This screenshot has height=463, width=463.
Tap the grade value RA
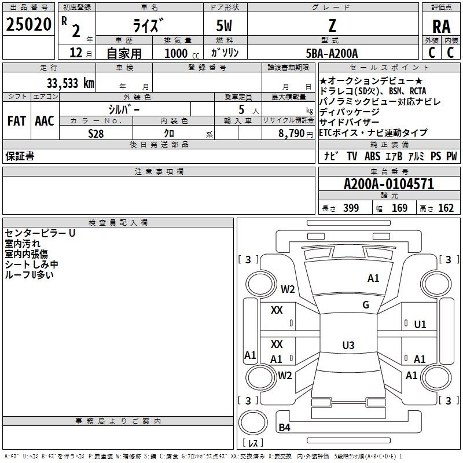pos(441,26)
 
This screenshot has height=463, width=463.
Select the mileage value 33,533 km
pos(69,83)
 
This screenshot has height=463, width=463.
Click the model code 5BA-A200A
pos(332,53)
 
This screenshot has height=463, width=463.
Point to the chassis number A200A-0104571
pos(389,185)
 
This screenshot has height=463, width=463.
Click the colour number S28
pos(96,133)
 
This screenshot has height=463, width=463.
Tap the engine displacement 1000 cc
pos(180,53)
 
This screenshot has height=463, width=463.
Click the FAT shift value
pos(16,121)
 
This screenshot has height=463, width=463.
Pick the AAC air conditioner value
pos(45,121)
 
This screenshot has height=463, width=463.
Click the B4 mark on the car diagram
pos(284,428)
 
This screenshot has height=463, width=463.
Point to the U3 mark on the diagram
pos(348,346)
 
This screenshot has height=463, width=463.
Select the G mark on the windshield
pos(366,305)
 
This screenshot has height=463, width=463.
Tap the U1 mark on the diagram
pos(420,324)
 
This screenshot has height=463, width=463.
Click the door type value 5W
pos(225,26)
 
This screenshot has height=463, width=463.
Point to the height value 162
pos(446,208)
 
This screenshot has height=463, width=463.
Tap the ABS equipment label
pos(373,156)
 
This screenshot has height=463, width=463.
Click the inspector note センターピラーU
pos(40,233)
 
